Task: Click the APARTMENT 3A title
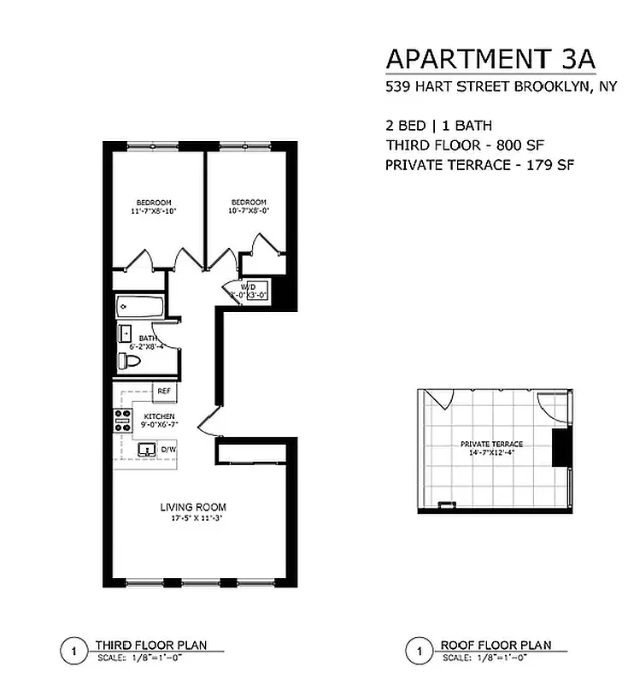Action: pos(490,59)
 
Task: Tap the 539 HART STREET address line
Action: pos(490,85)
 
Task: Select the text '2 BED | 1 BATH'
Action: pos(438,126)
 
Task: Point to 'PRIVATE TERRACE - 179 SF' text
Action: pos(478,164)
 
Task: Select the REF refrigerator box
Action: pos(164,392)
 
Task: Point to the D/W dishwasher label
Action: pos(168,449)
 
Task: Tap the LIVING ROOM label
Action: pos(193,507)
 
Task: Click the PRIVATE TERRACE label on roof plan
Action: pos(491,445)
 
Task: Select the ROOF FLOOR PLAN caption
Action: pos(496,646)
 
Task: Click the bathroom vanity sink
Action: pos(126,333)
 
